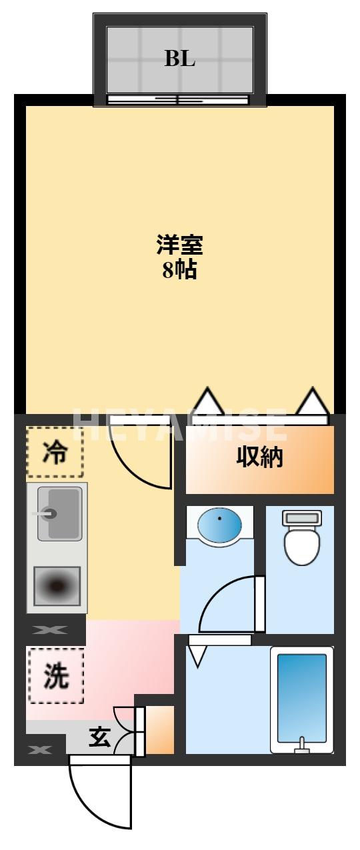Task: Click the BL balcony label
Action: (x=180, y=59)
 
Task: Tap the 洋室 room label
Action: (x=179, y=245)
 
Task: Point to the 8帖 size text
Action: (x=179, y=270)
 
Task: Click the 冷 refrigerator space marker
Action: (x=55, y=453)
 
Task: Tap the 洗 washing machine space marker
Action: (x=55, y=676)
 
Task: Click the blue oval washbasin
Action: (x=220, y=526)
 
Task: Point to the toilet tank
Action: (x=303, y=517)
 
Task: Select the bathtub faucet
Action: (x=303, y=745)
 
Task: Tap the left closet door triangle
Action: (x=208, y=402)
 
